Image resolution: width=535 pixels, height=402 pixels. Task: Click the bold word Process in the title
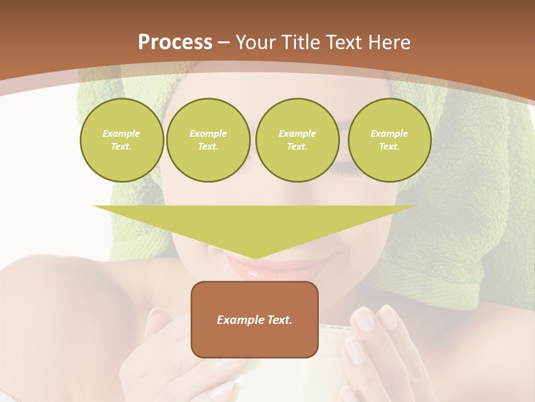click(175, 42)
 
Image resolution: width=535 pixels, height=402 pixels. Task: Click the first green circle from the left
click(122, 140)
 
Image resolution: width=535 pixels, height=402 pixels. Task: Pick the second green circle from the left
click(208, 140)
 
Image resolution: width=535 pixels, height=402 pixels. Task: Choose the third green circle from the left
click(298, 140)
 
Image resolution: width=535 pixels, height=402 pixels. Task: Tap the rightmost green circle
click(390, 140)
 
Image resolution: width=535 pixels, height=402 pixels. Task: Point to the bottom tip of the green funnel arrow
click(255, 257)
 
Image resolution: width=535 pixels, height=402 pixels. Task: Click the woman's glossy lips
click(251, 269)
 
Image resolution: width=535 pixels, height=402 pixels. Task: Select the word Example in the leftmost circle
click(121, 134)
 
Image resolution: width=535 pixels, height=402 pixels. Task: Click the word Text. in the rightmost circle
click(390, 147)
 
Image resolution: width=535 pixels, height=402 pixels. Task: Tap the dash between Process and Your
click(223, 42)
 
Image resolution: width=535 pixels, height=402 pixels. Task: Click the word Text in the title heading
click(343, 42)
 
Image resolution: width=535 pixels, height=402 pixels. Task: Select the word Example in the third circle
click(297, 134)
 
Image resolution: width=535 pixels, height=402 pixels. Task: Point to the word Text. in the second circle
click(208, 147)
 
